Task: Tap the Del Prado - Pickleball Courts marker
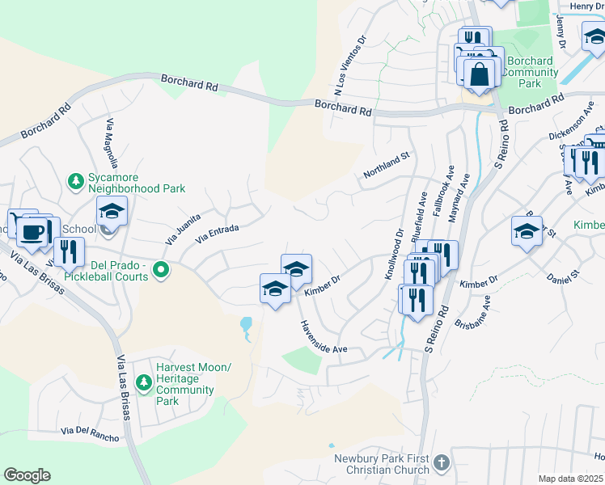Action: click(x=161, y=270)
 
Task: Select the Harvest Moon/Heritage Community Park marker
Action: click(x=144, y=380)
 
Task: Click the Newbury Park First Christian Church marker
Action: click(x=441, y=463)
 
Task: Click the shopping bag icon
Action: click(x=479, y=74)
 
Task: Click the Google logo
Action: click(x=27, y=475)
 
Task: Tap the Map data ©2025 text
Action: click(x=571, y=479)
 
